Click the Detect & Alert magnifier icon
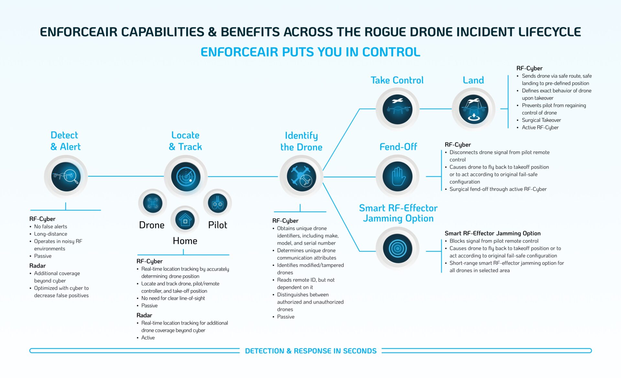66,177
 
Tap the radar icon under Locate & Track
186,177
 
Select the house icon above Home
185,220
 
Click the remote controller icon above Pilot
217,203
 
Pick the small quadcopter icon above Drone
152,203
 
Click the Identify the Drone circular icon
301,177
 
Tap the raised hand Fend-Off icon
398,177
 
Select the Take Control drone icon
398,109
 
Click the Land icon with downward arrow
474,109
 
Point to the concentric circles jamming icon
398,248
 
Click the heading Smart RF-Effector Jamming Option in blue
398,213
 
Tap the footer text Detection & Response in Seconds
310,351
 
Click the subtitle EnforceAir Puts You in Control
310,52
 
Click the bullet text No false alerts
51,226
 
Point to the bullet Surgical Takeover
541,120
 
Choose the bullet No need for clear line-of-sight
173,298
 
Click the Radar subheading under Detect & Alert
38,266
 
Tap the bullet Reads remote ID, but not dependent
306,280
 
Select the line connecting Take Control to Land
435,109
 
